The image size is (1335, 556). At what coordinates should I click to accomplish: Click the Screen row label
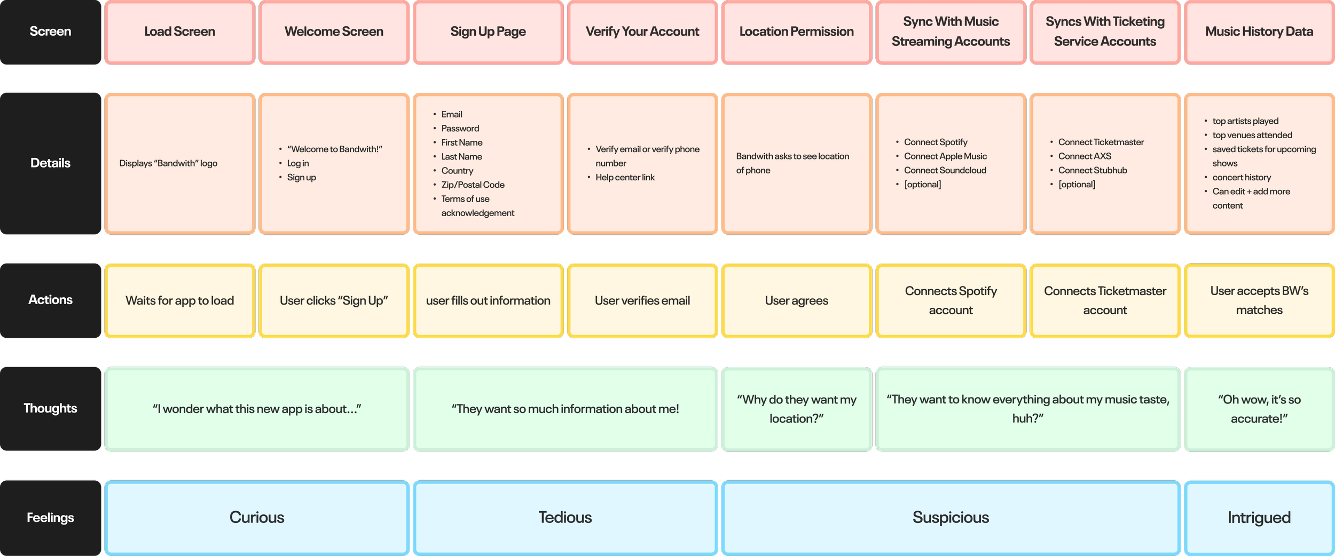point(50,31)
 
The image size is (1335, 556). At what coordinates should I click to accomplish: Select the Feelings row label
point(50,518)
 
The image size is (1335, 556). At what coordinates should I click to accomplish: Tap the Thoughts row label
point(50,408)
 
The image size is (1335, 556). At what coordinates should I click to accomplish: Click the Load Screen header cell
point(179,32)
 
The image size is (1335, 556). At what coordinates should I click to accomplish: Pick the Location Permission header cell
point(796,32)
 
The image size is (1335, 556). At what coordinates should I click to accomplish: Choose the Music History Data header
point(1259,32)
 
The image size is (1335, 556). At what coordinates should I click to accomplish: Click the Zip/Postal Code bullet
point(473,185)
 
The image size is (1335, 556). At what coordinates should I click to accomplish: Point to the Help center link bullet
point(625,177)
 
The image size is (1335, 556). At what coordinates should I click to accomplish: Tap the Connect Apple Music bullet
point(945,156)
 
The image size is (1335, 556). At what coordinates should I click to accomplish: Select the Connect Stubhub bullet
point(1093,170)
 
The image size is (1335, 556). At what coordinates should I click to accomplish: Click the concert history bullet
point(1242,177)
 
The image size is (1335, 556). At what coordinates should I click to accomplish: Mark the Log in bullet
point(298,163)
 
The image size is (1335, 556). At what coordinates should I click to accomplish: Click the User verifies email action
point(642,301)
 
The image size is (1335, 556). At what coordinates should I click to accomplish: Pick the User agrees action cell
point(796,301)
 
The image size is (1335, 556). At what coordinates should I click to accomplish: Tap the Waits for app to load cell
point(179,301)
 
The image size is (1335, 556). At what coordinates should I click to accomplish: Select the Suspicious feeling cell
point(951,518)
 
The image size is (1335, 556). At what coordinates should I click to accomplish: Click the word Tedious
point(565,518)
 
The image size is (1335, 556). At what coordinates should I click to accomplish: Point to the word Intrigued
point(1259,518)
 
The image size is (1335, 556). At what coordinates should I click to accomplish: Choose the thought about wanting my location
point(796,409)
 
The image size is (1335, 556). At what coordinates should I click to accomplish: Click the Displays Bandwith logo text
point(168,163)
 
